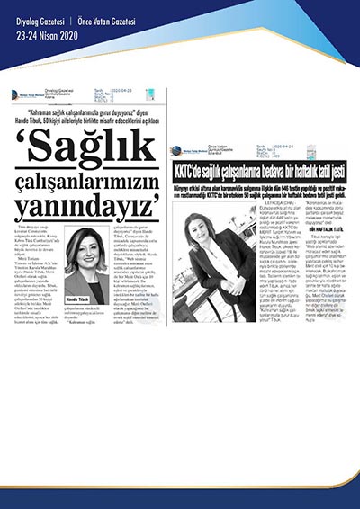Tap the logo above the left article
27,93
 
